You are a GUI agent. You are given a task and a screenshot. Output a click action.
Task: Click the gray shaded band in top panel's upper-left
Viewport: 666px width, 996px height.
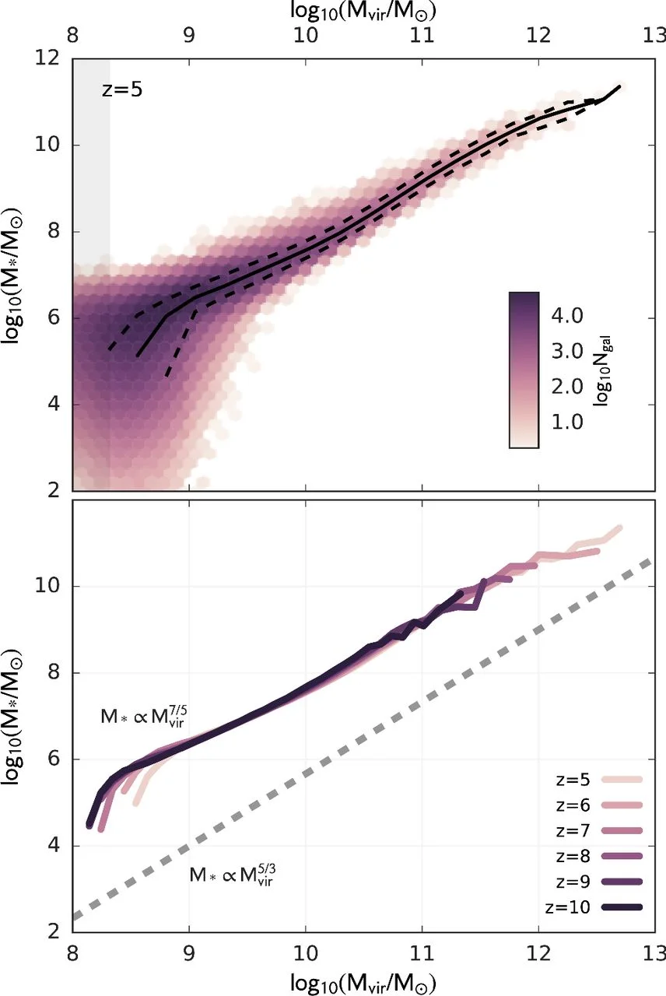pos(91,156)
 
